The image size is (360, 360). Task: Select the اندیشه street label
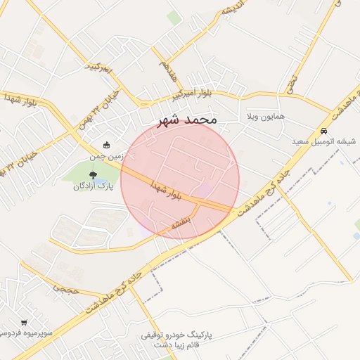231,10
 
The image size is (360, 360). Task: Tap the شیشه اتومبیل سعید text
326,141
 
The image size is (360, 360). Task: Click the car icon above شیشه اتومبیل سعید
323,131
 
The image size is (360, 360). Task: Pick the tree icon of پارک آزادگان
93,174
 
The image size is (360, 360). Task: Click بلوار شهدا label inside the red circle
167,190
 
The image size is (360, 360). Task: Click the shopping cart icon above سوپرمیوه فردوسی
24,322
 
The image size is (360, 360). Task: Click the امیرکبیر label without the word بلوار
99,69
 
